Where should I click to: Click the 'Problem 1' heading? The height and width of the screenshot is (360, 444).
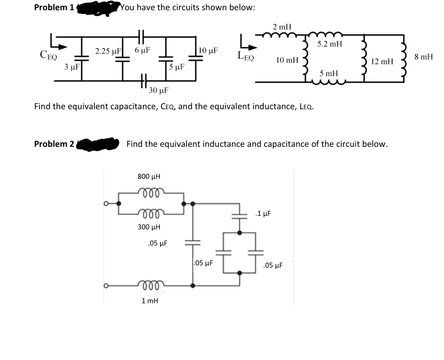(54, 8)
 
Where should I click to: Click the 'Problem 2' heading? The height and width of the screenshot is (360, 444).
(54, 144)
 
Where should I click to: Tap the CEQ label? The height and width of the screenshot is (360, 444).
(48, 55)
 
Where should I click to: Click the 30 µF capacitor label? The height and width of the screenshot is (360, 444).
(159, 90)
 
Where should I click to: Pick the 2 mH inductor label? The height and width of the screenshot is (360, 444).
(282, 26)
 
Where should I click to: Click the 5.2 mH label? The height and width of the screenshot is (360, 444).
(330, 44)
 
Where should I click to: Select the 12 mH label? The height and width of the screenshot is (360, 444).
(382, 61)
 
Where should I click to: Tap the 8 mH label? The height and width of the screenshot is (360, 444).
(424, 57)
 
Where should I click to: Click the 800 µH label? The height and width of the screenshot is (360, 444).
(149, 176)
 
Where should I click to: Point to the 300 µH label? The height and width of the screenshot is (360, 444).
(149, 227)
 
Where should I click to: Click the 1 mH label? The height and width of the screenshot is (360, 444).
(150, 301)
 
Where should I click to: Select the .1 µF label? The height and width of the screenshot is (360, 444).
(263, 213)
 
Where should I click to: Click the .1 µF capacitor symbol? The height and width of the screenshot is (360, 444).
(240, 215)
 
